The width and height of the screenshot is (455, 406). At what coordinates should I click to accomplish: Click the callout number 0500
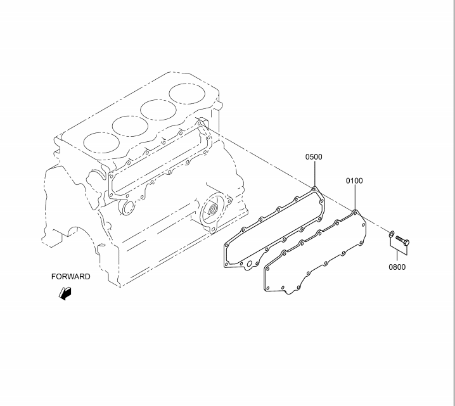[x=314, y=157]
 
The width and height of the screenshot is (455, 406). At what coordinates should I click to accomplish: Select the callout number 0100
[x=354, y=181]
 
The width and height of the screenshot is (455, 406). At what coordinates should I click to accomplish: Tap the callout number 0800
[x=397, y=267]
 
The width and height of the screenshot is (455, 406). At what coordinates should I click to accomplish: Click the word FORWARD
[x=71, y=277]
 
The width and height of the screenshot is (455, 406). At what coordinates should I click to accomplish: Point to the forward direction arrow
[x=65, y=293]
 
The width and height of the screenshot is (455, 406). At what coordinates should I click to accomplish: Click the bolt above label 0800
[x=402, y=240]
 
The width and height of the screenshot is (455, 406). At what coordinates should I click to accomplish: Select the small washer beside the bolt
[x=392, y=233]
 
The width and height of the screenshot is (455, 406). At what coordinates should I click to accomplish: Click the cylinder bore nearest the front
[x=101, y=143]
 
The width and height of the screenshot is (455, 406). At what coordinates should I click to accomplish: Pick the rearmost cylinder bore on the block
[x=187, y=94]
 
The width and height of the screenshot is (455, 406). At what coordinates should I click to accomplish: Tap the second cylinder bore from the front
[x=131, y=126]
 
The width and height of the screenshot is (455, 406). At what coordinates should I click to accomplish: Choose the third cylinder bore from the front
[x=158, y=110]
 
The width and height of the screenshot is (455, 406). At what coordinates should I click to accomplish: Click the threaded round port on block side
[x=214, y=208]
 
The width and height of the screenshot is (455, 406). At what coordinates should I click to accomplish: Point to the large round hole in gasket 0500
[x=249, y=264]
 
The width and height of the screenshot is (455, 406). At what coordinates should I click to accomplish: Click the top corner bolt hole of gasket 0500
[x=314, y=189]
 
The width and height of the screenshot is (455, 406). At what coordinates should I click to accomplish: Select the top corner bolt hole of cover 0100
[x=355, y=213]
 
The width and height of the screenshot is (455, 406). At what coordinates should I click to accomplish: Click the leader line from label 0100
[x=355, y=198]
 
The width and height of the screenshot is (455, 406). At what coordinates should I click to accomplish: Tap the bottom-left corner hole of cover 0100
[x=267, y=288]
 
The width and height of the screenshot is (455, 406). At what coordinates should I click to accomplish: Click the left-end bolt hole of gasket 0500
[x=227, y=246]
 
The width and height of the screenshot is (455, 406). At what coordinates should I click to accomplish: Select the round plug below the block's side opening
[x=127, y=208]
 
